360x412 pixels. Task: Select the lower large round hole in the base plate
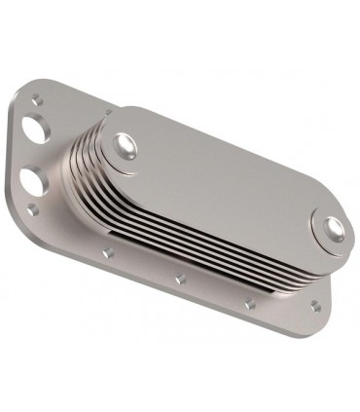30,181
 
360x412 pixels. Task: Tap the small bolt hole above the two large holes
36,96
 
